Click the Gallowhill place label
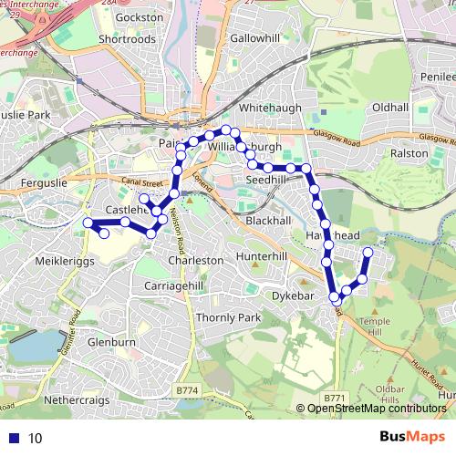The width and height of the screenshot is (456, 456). pos(255,38)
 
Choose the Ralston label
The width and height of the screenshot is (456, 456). pos(409,154)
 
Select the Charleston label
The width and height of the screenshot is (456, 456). pos(196,260)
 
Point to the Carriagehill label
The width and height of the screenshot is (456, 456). pos(172,285)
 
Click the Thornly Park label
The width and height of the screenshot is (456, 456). pos(229,317)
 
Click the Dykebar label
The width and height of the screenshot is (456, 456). pos(292,295)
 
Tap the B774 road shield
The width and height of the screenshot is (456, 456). pos(187,390)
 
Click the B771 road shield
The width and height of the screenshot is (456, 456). pos(336,399)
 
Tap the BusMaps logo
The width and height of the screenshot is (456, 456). pos(411,437)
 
